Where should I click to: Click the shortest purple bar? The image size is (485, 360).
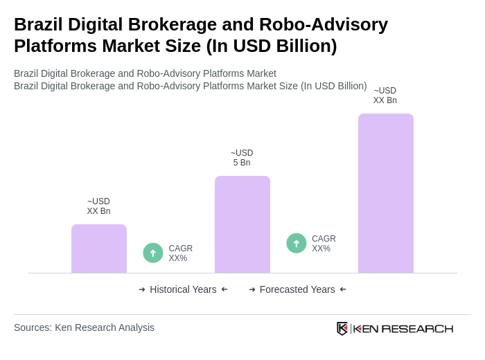(x=99, y=249)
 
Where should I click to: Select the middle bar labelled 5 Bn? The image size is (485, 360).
(x=242, y=224)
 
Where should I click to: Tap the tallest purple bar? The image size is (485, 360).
(x=386, y=193)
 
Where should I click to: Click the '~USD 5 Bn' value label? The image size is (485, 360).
(x=242, y=158)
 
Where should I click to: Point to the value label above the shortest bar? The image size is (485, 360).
(x=98, y=206)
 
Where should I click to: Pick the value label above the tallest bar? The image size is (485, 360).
(x=385, y=96)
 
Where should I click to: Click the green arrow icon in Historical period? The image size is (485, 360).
(x=153, y=253)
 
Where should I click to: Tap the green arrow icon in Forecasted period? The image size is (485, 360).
(x=297, y=244)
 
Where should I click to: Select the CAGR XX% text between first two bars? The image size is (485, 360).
(x=181, y=253)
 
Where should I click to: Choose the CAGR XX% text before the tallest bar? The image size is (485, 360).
(x=324, y=244)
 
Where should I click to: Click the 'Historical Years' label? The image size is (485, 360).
(x=183, y=289)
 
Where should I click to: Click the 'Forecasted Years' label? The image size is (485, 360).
(x=297, y=289)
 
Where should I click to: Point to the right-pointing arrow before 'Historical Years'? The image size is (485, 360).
(x=142, y=289)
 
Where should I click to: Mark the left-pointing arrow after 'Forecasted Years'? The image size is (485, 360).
(x=343, y=289)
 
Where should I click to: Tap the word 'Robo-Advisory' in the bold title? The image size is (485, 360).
(x=324, y=24)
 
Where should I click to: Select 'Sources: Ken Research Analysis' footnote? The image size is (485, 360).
(x=84, y=327)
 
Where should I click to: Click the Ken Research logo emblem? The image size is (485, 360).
(x=342, y=328)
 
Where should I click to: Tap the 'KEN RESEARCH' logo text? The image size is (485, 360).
(x=403, y=329)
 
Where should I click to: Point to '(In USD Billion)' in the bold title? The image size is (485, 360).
(x=272, y=46)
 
